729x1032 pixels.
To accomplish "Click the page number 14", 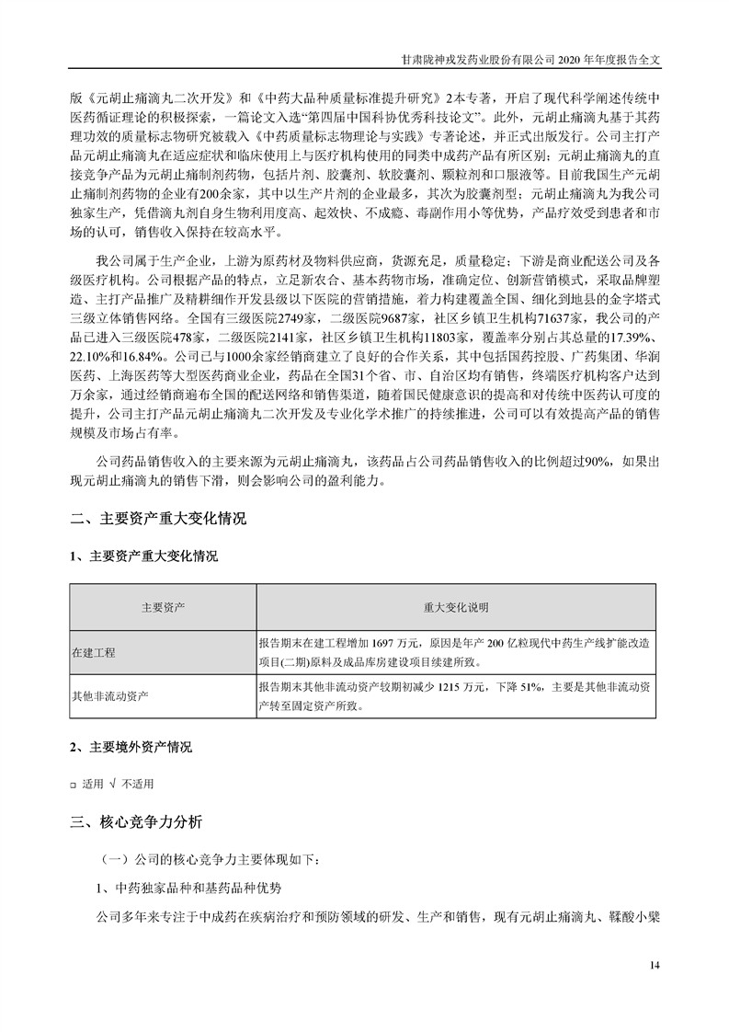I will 655,965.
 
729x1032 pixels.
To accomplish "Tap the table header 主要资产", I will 164,608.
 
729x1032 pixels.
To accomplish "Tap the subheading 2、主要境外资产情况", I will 131,748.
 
